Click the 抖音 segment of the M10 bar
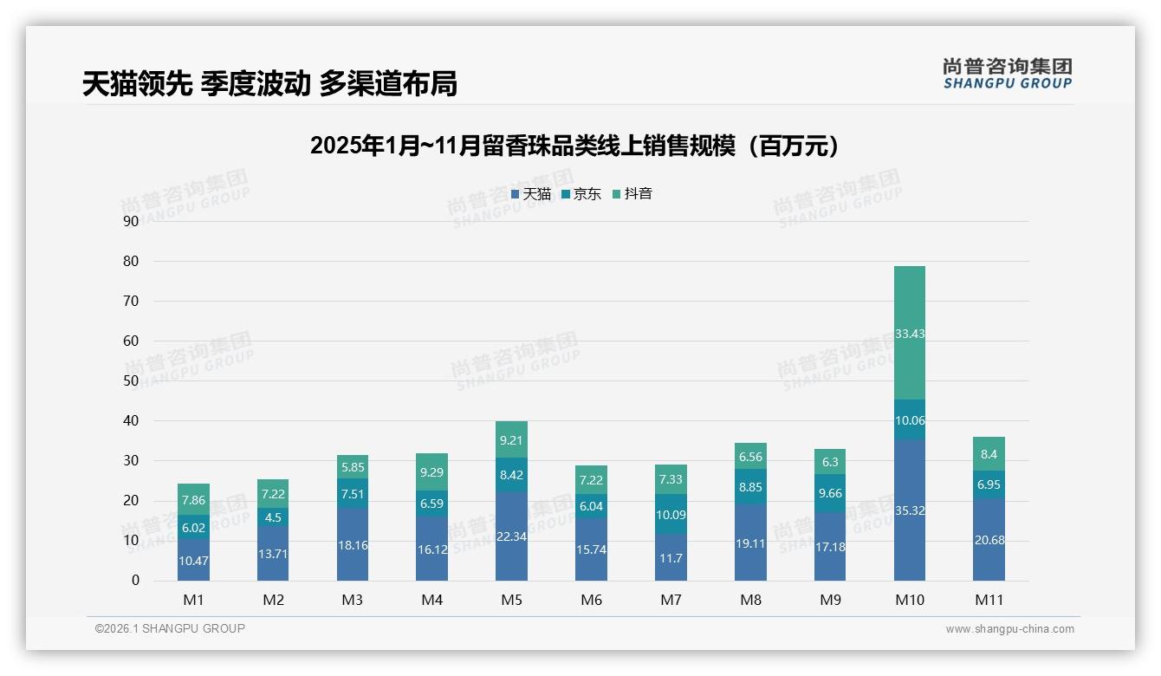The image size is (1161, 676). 909,333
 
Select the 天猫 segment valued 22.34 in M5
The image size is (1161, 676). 511,536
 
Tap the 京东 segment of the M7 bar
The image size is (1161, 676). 671,514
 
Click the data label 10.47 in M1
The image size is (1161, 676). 193,561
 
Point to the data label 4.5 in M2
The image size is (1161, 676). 273,518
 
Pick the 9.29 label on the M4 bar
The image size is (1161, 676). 431,472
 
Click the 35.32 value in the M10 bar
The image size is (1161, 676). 909,510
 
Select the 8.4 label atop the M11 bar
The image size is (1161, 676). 989,453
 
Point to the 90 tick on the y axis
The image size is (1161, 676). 131,221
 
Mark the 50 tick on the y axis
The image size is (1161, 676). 131,380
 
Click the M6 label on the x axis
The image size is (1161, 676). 591,600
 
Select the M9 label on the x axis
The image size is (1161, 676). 830,600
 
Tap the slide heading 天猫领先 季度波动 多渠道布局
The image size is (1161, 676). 269,83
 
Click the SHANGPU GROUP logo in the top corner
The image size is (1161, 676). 1007,74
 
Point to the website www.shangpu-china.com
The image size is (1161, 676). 1009,629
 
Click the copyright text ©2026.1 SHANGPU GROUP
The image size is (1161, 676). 170,628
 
